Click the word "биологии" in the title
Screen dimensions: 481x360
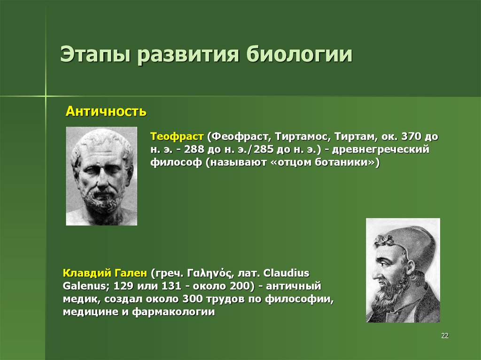(299, 54)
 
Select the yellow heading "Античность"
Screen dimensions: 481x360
(106, 111)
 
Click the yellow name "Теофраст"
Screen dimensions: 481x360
(177, 137)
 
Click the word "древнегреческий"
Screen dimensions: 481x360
(380, 150)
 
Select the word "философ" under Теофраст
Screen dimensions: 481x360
(176, 162)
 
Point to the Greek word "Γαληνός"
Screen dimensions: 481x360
(209, 273)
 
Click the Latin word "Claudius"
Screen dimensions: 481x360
(286, 273)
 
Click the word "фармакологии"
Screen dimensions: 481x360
(173, 312)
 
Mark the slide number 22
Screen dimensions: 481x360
(445, 336)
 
